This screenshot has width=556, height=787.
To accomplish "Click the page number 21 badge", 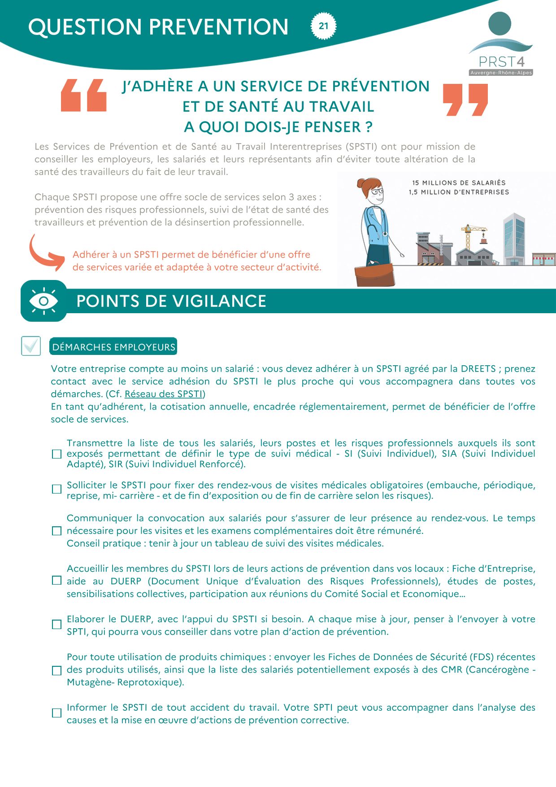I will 323,26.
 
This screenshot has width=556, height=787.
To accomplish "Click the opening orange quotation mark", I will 84,95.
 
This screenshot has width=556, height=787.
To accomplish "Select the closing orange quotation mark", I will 465,99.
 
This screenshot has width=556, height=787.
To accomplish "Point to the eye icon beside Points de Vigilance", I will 43,301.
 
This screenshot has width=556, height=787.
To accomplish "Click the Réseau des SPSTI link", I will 164,394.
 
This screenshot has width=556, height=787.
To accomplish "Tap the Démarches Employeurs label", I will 113,347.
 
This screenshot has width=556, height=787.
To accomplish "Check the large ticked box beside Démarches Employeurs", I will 31,346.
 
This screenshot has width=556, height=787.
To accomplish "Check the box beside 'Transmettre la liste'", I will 56,454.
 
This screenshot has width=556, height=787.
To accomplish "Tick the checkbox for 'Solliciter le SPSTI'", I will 56,489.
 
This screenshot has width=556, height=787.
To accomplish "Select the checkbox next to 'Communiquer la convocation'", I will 56,531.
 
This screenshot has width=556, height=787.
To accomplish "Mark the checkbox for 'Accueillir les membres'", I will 56,581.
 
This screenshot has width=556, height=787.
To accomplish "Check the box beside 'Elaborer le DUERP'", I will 56,625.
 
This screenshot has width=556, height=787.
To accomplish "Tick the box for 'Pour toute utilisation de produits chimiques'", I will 56,671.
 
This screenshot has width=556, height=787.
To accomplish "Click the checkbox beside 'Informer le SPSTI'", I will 56,713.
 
